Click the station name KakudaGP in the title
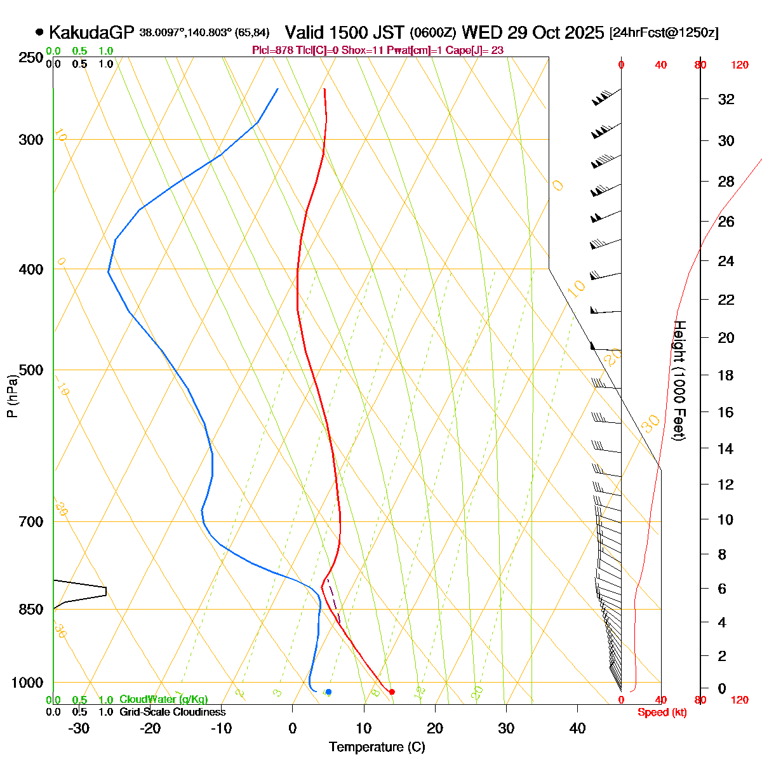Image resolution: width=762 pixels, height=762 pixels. tap(91, 32)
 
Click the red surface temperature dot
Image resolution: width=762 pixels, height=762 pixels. tap(392, 692)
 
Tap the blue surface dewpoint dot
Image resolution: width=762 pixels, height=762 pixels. tap(328, 692)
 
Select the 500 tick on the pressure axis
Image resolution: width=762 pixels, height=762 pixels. tap(32, 370)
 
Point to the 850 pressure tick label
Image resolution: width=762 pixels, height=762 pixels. tap(32, 610)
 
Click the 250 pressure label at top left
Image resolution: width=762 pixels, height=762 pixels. tap(32, 58)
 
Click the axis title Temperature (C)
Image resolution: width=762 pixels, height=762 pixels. tap(377, 747)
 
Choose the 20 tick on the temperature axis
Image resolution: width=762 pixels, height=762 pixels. tap(435, 728)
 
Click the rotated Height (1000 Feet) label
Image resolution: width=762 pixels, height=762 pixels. tap(679, 380)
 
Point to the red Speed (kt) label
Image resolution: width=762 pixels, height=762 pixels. tap(662, 712)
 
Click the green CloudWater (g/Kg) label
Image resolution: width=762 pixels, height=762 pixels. tap(163, 699)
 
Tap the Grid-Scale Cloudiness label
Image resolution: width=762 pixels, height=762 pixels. tap(172, 712)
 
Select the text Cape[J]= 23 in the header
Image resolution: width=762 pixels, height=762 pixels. tap(474, 50)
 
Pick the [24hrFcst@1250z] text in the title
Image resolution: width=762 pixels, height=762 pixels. tap(664, 33)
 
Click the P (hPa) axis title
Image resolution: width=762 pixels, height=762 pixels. tap(11, 396)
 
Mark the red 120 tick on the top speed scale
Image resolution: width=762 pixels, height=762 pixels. tap(740, 65)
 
